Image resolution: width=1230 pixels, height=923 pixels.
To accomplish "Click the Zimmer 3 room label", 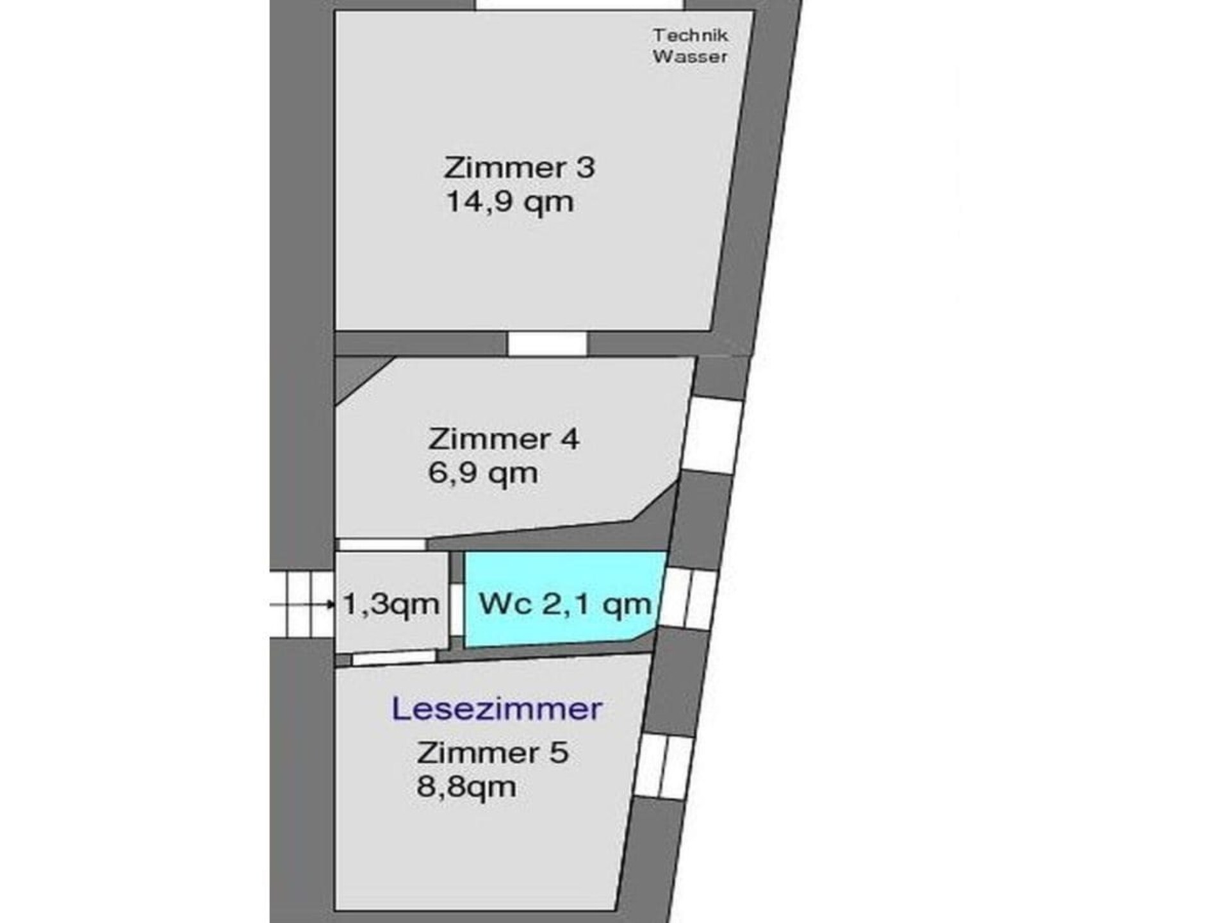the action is [x=519, y=167].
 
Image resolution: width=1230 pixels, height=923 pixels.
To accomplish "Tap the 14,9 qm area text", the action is [x=509, y=202].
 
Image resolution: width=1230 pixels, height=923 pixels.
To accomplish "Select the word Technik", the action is [x=691, y=35].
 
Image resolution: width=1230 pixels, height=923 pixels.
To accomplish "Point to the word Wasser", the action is [x=690, y=56].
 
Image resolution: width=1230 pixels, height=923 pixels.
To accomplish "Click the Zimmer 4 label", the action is [x=504, y=439].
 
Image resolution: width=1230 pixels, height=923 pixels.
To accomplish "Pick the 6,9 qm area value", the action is [x=483, y=474].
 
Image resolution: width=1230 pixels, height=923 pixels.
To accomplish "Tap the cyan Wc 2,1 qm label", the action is [x=565, y=603].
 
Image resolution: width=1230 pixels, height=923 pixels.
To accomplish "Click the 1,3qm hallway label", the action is [x=391, y=603].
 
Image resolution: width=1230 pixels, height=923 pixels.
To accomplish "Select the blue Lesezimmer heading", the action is [x=497, y=709].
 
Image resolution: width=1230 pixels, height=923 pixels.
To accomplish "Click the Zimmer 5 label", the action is [x=493, y=752].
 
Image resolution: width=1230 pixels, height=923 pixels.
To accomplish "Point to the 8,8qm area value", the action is [x=466, y=786].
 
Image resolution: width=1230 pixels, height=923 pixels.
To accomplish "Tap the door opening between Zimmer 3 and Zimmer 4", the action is [x=547, y=344].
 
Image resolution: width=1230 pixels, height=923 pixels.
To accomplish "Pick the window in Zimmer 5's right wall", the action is [x=664, y=767].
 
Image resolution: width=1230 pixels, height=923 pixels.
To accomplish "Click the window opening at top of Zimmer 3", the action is [x=580, y=4].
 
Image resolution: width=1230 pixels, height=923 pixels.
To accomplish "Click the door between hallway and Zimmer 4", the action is [x=382, y=545].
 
